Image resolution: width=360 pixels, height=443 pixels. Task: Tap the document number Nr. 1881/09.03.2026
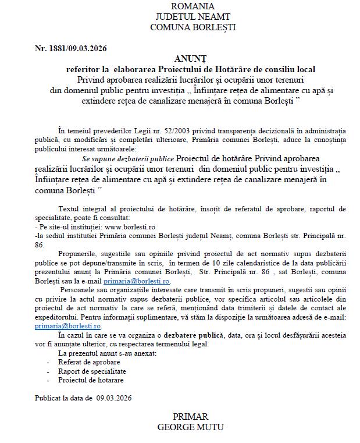70,48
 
